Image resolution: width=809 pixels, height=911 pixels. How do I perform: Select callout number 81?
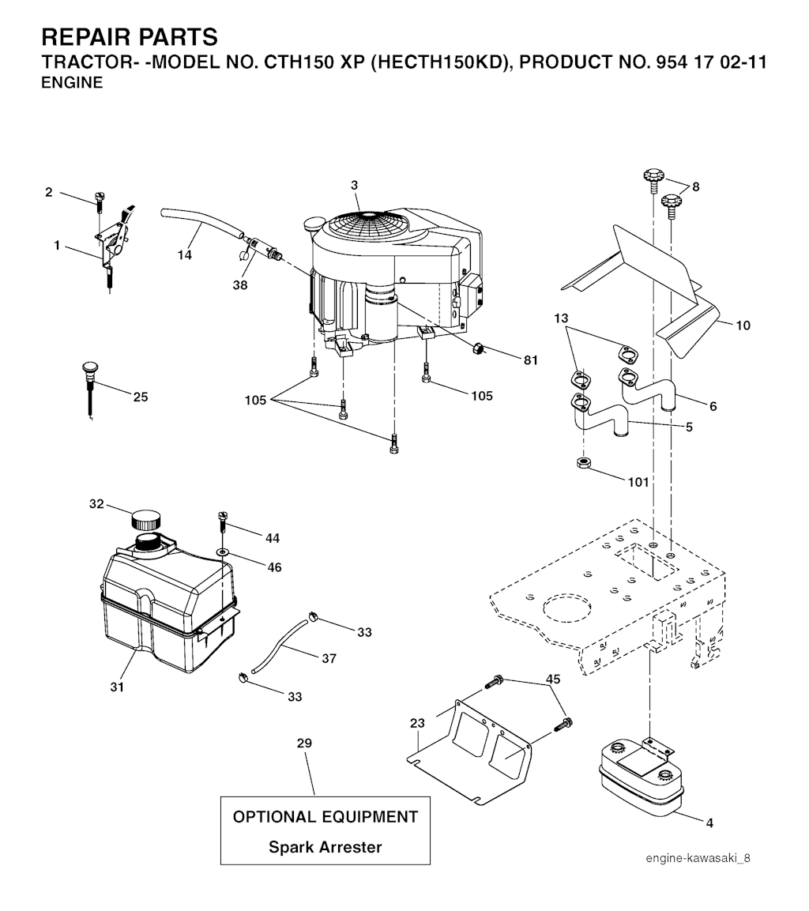point(530,360)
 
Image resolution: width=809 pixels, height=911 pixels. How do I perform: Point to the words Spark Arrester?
point(325,847)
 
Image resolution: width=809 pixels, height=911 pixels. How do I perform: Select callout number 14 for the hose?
point(184,254)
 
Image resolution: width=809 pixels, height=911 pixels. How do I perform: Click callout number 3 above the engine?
point(355,185)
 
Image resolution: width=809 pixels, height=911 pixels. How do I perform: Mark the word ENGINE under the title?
point(71,82)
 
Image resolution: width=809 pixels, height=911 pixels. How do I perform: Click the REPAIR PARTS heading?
point(128,37)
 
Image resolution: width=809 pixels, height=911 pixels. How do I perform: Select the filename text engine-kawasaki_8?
point(697,859)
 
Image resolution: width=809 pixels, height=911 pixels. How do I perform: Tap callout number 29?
point(304,743)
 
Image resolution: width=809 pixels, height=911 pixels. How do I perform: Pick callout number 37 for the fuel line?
point(329,658)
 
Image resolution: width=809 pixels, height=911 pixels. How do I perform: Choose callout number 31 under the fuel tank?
point(117,687)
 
